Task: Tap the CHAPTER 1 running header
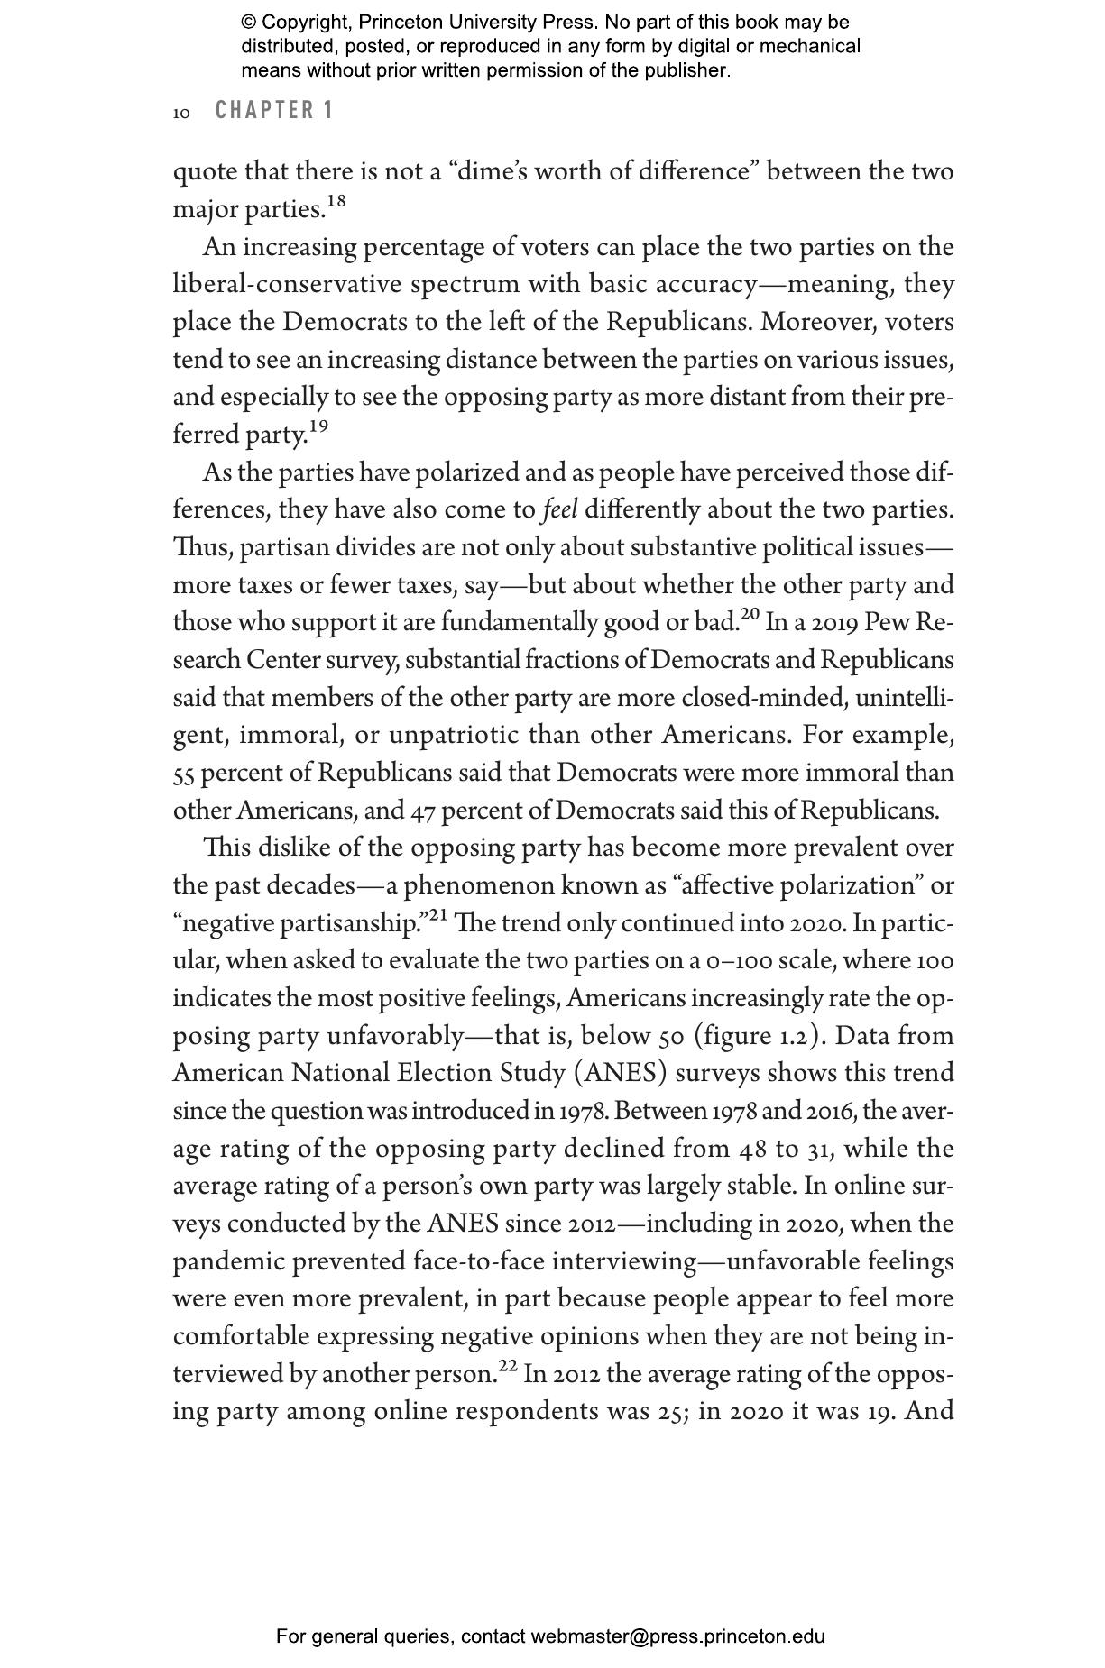tap(274, 111)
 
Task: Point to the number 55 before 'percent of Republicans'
tap(183, 774)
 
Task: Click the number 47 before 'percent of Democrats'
tap(422, 811)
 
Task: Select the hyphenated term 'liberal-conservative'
tap(288, 285)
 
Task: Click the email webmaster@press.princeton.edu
tap(677, 1636)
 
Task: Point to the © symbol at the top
tap(248, 23)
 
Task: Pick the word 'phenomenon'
tap(478, 886)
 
